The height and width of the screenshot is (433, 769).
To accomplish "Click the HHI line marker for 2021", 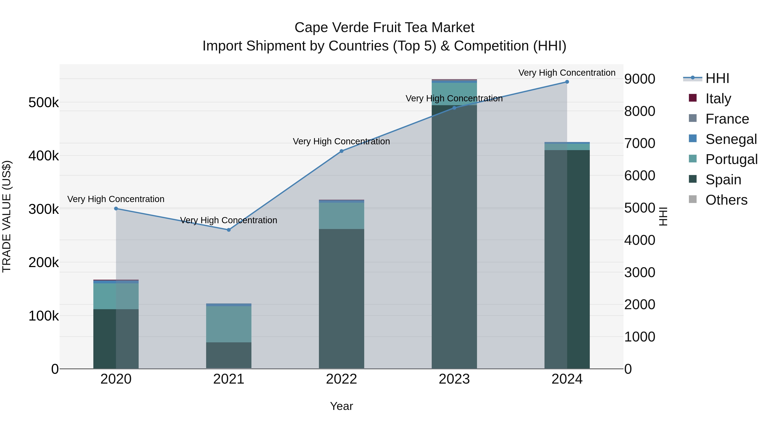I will pos(229,230).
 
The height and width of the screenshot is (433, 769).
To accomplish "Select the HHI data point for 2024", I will pos(567,82).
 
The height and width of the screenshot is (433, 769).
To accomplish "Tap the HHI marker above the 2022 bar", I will pos(342,151).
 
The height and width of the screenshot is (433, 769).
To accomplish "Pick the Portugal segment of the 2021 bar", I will pos(229,324).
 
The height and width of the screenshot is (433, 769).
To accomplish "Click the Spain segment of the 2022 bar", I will pos(342,299).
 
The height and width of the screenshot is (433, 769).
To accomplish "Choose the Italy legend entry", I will pos(718,99).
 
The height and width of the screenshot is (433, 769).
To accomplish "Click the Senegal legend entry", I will pos(731,139).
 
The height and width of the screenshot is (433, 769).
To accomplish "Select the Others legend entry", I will pos(726,200).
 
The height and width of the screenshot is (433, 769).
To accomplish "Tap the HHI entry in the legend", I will pos(717,78).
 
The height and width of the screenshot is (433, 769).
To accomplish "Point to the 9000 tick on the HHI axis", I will pos(639,79).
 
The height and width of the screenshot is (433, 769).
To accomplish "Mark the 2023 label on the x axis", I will pos(454,379).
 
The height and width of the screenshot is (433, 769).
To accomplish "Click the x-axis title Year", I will pos(342,406).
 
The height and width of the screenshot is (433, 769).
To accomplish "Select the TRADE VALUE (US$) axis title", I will pos(7,216).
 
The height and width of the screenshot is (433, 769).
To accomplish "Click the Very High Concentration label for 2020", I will pos(116,199).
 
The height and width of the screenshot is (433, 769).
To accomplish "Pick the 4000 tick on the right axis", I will pos(639,240).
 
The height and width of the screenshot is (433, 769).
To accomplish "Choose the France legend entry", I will pos(727,119).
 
